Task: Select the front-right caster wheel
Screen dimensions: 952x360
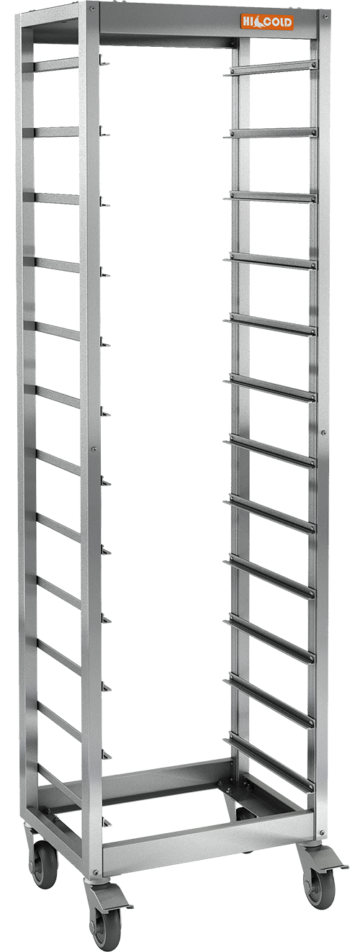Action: [318, 886]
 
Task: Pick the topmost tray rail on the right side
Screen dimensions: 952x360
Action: [273, 70]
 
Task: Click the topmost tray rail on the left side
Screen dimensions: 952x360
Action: [55, 65]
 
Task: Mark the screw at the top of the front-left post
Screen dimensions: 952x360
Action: [92, 9]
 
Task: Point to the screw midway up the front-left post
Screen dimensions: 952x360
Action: [94, 450]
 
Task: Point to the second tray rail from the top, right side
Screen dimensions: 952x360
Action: [273, 133]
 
